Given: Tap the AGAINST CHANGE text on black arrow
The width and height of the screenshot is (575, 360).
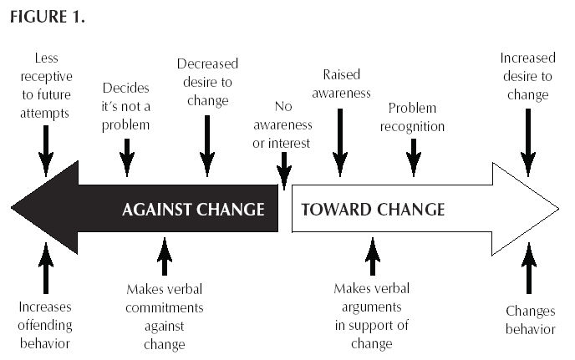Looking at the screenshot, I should (x=193, y=209).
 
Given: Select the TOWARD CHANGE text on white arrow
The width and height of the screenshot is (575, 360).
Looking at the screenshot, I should (x=372, y=209).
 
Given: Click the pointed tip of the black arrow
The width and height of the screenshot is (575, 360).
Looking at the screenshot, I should (x=14, y=208).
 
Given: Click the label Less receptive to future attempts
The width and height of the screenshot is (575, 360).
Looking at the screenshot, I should (x=46, y=87).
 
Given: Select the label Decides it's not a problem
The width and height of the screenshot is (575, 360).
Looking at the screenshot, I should (x=126, y=106).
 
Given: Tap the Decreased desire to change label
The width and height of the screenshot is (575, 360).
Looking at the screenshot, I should (x=207, y=82).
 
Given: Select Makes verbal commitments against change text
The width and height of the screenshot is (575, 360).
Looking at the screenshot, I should (x=165, y=317).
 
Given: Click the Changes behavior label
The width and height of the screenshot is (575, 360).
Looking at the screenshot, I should (x=530, y=320).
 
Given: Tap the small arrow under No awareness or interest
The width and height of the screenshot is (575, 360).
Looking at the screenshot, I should (x=284, y=173).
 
